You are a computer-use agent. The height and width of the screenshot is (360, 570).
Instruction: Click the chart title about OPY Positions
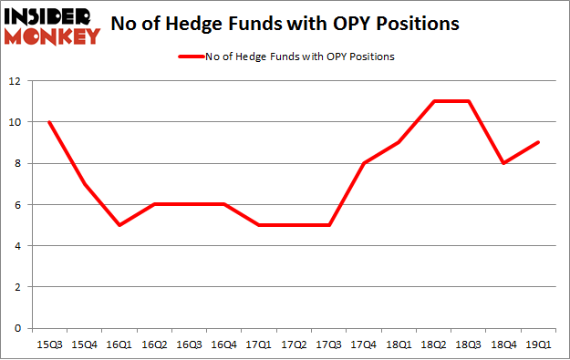[x=285, y=24]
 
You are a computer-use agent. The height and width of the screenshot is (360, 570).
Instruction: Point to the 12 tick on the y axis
[x=18, y=81]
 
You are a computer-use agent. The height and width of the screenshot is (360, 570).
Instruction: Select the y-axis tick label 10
[x=18, y=122]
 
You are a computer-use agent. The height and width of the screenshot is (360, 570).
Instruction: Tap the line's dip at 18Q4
[x=502, y=163]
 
